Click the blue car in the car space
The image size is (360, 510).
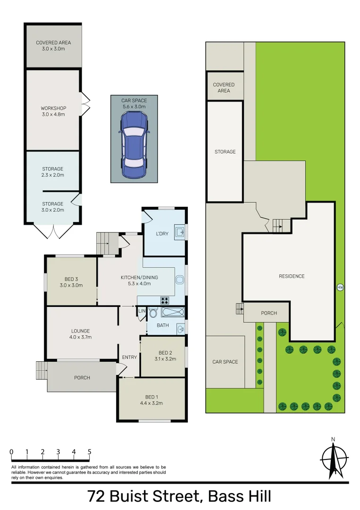coord(134,146)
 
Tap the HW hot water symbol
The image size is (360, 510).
coord(340,287)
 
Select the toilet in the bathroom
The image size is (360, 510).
coord(153,312)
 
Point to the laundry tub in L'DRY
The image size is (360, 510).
coord(180,231)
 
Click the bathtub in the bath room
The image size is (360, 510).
coord(172,312)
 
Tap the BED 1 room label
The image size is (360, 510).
coord(151,400)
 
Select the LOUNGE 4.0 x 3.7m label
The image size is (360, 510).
coord(81,334)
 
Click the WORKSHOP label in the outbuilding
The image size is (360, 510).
coord(53,111)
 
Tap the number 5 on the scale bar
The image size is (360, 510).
coord(89,452)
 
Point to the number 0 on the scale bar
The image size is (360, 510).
coord(11,452)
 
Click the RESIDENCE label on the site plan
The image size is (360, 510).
coord(292,276)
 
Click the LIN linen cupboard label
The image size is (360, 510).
coord(142,310)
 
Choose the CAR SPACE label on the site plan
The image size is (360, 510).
coord(225,362)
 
